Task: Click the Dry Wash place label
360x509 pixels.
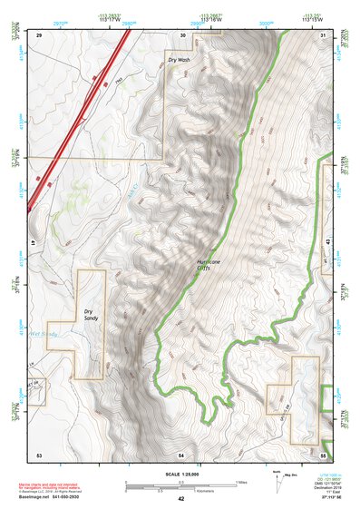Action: (x=179, y=59)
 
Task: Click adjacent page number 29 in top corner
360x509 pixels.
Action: (x=39, y=34)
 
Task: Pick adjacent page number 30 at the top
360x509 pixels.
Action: (x=183, y=34)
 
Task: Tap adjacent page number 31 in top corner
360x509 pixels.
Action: (x=324, y=34)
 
